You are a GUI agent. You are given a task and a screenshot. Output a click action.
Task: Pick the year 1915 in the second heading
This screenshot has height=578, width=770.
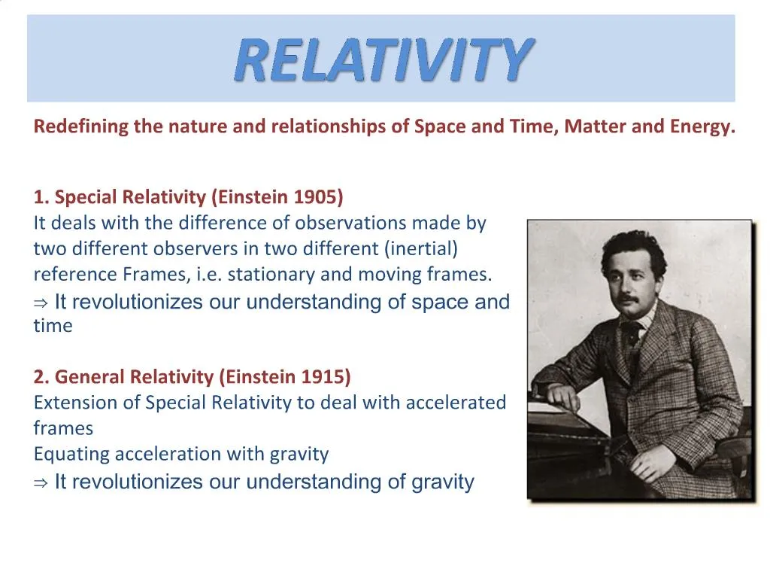(326, 376)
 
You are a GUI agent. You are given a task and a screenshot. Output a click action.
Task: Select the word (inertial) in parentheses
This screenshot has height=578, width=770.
(422, 249)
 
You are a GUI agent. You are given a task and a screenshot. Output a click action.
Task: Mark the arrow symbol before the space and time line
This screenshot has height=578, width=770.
(41, 303)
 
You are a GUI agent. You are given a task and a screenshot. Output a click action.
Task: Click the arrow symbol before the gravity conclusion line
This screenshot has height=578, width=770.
(41, 482)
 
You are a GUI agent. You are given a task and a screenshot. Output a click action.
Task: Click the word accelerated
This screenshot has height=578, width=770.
(456, 403)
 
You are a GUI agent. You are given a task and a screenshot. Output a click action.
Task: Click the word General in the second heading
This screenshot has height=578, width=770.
(89, 376)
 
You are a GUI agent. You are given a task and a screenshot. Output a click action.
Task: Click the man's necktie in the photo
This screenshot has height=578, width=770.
(630, 332)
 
